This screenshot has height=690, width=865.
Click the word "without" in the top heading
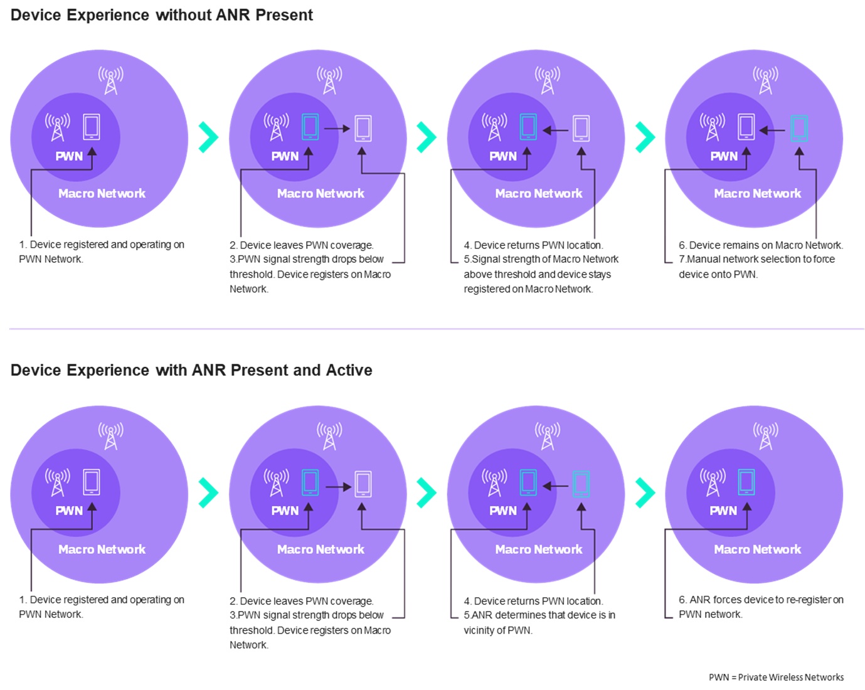[184, 15]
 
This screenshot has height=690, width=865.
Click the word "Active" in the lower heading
[349, 370]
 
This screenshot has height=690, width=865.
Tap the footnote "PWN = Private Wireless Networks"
[776, 677]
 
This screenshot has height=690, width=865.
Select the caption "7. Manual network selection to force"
[756, 259]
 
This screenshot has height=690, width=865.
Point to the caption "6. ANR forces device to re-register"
[761, 600]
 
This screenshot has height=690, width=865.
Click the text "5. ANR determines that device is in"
[539, 615]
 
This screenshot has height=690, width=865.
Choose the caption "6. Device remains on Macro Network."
[760, 245]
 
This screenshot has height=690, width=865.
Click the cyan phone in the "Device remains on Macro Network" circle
[799, 128]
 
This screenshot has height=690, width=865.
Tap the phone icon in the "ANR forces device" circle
[746, 482]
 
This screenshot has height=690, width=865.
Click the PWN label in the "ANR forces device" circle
[723, 511]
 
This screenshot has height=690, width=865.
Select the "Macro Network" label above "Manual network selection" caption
[757, 193]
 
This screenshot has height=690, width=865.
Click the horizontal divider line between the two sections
[437, 329]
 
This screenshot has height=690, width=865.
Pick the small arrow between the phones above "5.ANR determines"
[555, 486]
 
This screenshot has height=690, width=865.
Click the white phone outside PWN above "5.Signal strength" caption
[581, 128]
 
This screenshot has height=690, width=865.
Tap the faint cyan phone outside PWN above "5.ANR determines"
[581, 484]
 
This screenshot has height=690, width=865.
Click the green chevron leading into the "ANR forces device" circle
[645, 492]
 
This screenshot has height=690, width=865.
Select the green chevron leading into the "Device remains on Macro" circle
[645, 137]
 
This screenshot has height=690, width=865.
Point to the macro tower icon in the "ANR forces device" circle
[766, 437]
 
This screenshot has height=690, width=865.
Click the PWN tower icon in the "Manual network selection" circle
[713, 127]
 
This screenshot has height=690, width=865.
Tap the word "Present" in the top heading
[284, 15]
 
